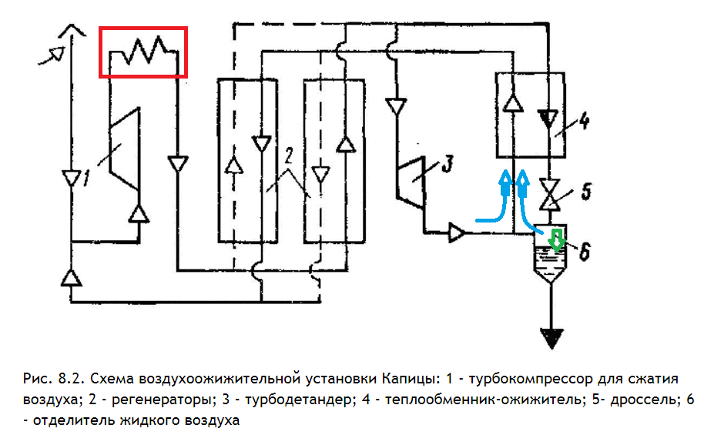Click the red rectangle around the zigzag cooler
pos(143,52)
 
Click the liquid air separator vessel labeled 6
pos(549,255)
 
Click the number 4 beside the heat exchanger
pos(584,122)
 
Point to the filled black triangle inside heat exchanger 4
pos(549,117)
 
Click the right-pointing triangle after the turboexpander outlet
pos(457,231)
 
